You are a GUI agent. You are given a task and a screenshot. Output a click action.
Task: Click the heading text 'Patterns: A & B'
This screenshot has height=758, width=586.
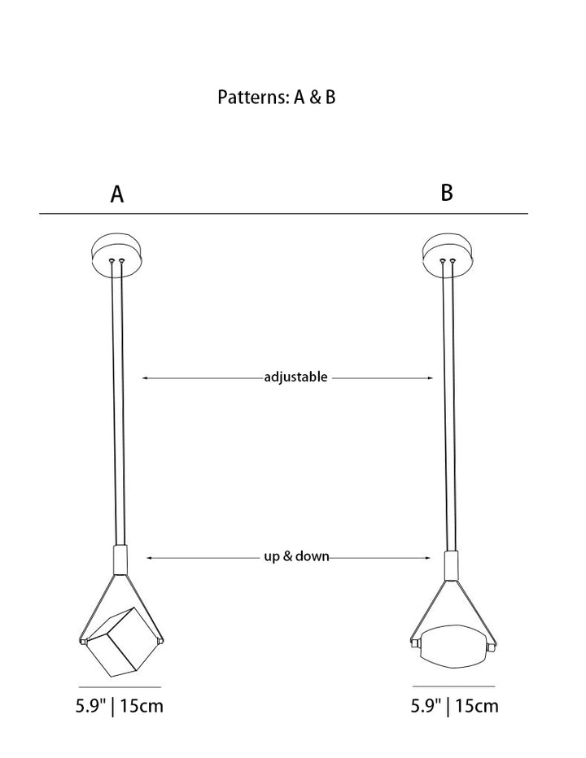pos(276,97)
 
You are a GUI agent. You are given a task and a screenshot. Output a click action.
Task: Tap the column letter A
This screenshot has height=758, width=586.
pos(117,194)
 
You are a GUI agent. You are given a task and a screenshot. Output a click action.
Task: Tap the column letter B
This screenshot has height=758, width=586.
pos(447,192)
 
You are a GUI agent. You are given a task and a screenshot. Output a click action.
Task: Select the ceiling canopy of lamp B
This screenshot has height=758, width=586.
pos(448,255)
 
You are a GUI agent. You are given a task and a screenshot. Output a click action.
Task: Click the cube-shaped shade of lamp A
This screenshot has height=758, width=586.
pos(122,642)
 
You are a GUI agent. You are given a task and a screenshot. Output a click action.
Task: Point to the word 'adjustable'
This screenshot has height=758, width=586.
pos(295,377)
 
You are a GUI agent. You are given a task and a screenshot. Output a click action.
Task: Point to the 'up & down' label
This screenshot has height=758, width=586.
pos(296,556)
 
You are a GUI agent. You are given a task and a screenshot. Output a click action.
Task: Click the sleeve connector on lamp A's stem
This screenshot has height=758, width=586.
pos(120,560)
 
